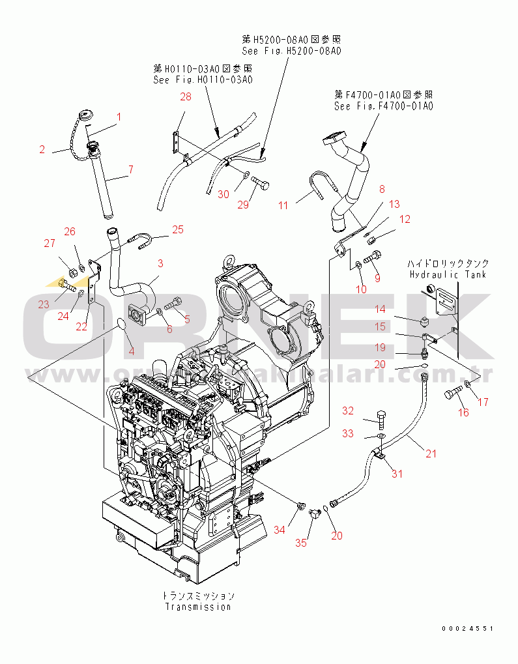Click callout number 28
pyautogui.click(x=186, y=97)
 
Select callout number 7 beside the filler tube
pyautogui.click(x=130, y=170)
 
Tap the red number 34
pyautogui.click(x=279, y=530)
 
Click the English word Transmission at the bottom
pyautogui.click(x=198, y=607)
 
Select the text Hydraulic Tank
pyautogui.click(x=448, y=274)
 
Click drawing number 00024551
pyautogui.click(x=467, y=629)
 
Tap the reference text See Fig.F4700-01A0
pyautogui.click(x=383, y=106)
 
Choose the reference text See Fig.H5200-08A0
pyautogui.click(x=291, y=50)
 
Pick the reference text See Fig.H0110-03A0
pyautogui.click(x=203, y=79)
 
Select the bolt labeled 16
pyautogui.click(x=452, y=394)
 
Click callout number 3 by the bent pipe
pyautogui.click(x=160, y=264)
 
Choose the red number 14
pyautogui.click(x=379, y=310)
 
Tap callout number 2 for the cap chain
pyautogui.click(x=42, y=150)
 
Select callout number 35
pyautogui.click(x=301, y=542)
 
